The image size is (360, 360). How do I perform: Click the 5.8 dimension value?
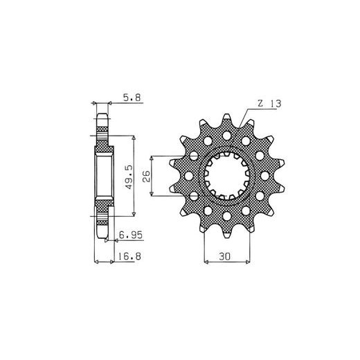click(x=132, y=98)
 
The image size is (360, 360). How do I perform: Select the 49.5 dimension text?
click(x=129, y=177)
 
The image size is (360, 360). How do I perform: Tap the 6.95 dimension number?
click(x=131, y=235)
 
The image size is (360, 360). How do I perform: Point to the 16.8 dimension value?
click(x=129, y=256)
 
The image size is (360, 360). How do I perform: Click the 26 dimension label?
click(x=146, y=177)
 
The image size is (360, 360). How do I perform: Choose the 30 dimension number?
click(x=224, y=256)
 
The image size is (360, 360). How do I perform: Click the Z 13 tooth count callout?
click(x=269, y=104)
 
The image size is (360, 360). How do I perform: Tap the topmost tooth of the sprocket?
click(x=227, y=120)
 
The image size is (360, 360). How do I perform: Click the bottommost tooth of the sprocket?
click(x=227, y=233)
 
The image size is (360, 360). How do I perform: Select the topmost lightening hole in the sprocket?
click(x=227, y=136)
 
